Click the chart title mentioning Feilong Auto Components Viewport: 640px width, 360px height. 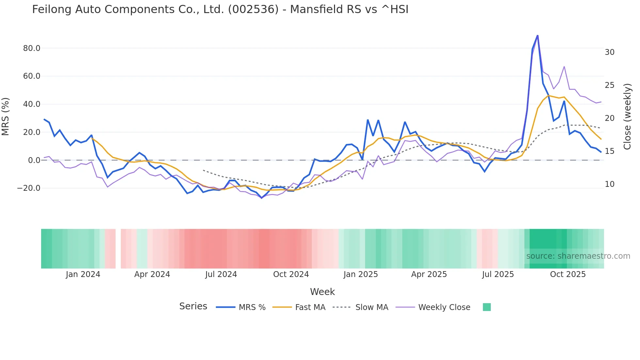[x=220, y=9]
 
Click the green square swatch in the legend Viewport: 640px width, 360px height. [x=487, y=307]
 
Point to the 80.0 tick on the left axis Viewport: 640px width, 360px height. [x=32, y=48]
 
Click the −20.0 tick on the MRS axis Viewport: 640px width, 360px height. [x=29, y=188]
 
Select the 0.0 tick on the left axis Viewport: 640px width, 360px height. [x=34, y=160]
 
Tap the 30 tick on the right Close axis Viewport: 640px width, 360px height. [x=609, y=52]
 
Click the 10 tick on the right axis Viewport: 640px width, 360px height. [x=609, y=184]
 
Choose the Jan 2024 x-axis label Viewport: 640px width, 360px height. [x=83, y=274]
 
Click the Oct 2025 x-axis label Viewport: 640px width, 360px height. [x=568, y=274]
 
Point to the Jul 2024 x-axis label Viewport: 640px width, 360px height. [x=221, y=274]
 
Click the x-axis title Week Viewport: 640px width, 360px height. [x=322, y=292]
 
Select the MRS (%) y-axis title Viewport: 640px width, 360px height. [x=6, y=117]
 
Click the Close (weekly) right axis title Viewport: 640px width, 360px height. [x=627, y=117]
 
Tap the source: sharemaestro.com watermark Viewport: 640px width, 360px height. [x=578, y=256]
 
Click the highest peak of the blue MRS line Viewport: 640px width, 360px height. [x=537, y=36]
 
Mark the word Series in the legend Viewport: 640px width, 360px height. [x=193, y=306]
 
